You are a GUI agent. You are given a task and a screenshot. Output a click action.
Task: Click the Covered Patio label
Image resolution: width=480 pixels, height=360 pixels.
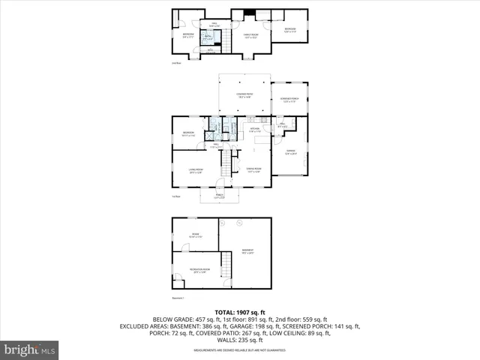[244, 95]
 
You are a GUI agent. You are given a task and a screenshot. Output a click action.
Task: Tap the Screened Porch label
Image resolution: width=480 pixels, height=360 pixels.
[289, 99]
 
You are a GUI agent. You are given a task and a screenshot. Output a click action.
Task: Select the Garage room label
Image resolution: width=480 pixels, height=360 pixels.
[291, 153]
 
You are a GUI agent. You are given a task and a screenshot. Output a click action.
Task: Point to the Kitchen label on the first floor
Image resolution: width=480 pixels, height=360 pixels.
[255, 130]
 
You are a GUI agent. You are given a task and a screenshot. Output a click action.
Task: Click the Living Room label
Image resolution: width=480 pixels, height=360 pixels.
[196, 172]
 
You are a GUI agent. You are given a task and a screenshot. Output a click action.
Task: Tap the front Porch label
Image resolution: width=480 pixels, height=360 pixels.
[220, 197]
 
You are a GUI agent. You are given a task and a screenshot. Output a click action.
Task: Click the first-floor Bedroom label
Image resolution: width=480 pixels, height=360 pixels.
[188, 134]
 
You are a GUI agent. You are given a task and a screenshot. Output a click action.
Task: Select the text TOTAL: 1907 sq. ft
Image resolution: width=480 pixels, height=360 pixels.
[239, 311]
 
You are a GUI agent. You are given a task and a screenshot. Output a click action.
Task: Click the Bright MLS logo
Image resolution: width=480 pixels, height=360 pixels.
[30, 349]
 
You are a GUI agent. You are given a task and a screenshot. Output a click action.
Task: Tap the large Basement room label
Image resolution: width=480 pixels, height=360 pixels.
[247, 250]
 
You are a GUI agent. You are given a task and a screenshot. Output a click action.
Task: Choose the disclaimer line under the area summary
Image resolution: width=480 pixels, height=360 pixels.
[239, 349]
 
